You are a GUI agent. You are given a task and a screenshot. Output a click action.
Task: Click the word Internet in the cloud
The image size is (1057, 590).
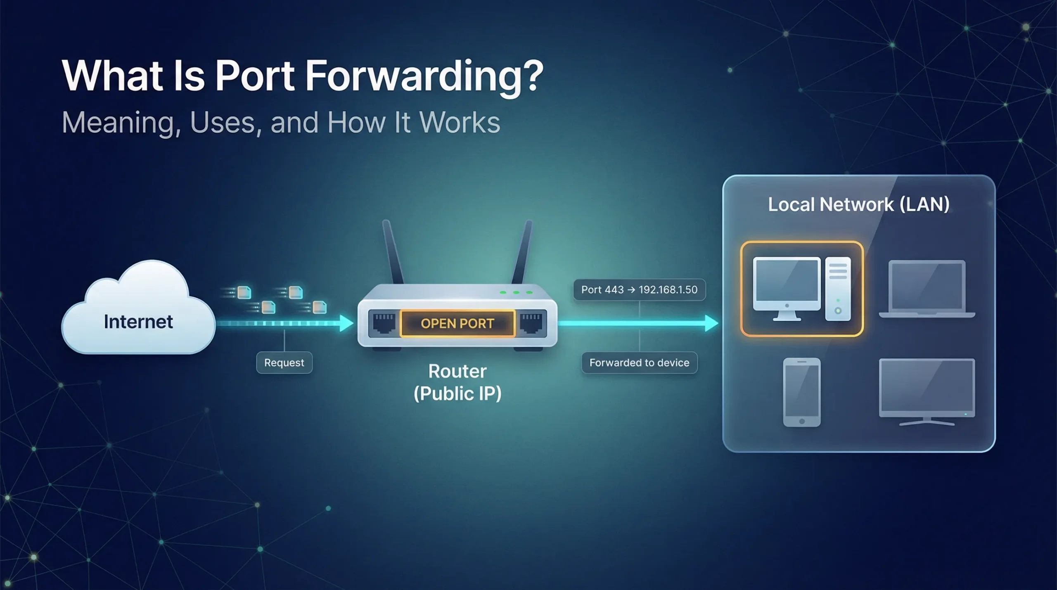138,322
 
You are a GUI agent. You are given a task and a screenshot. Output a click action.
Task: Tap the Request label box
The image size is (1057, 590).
284,363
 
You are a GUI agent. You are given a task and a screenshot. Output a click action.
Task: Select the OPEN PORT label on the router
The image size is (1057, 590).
457,323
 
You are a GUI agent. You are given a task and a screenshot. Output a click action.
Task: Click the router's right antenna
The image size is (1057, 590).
522,252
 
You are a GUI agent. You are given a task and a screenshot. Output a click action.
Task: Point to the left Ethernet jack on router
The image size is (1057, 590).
384,323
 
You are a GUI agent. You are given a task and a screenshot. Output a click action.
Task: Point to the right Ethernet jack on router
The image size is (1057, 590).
531,323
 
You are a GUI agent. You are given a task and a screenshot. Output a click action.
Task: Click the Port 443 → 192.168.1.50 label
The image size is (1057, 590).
639,290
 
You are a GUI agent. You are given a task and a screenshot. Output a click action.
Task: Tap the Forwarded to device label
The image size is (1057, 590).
639,363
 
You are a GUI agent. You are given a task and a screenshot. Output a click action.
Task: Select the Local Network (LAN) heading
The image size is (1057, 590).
858,204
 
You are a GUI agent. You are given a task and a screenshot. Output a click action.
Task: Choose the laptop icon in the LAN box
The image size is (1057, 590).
927,289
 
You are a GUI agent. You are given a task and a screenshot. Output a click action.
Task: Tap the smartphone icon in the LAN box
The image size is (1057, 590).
801,391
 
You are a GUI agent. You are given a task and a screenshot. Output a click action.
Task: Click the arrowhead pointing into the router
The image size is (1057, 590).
346,323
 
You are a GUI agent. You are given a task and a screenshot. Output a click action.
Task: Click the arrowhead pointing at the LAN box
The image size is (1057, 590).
711,323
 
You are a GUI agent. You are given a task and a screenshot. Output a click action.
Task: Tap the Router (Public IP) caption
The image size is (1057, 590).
457,382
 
